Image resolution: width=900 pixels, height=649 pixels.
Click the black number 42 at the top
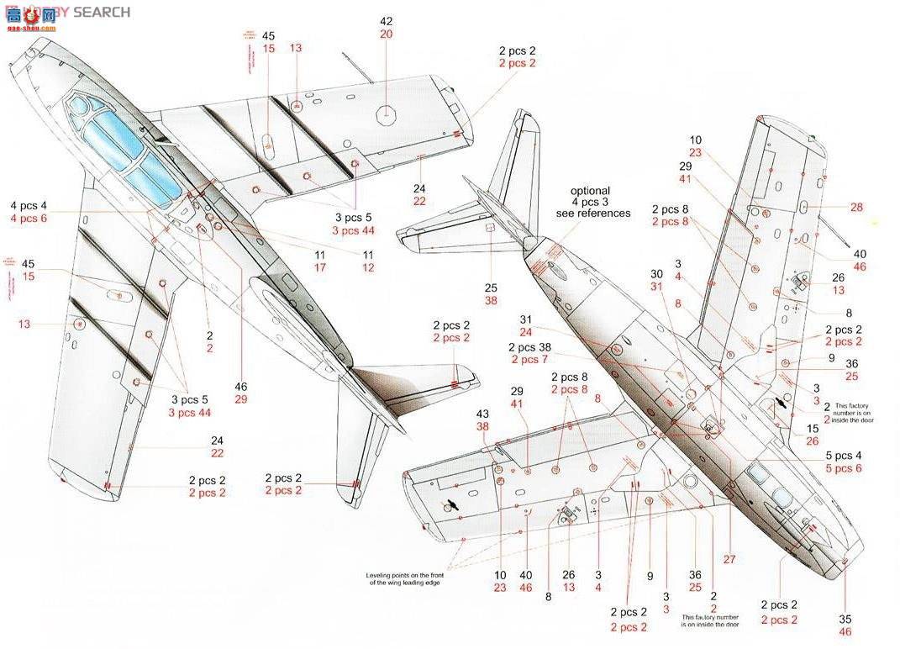386,21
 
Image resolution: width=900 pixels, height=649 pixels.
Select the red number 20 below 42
386,34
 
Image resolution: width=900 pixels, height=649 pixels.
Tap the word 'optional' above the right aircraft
591,191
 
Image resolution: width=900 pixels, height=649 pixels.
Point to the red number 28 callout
856,207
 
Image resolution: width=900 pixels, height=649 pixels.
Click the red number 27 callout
729,560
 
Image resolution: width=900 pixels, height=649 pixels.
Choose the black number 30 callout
657,273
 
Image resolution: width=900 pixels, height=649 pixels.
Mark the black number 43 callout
482,414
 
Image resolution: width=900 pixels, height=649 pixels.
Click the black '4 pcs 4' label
30,206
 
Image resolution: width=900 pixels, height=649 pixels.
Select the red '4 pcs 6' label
30,219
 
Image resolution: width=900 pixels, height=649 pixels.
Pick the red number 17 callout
320,267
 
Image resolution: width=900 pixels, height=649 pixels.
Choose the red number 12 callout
368,267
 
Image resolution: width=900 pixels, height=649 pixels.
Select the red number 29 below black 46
241,399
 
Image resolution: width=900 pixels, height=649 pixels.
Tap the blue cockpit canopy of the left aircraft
118,143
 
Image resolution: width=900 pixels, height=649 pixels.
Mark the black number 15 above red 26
813,428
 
